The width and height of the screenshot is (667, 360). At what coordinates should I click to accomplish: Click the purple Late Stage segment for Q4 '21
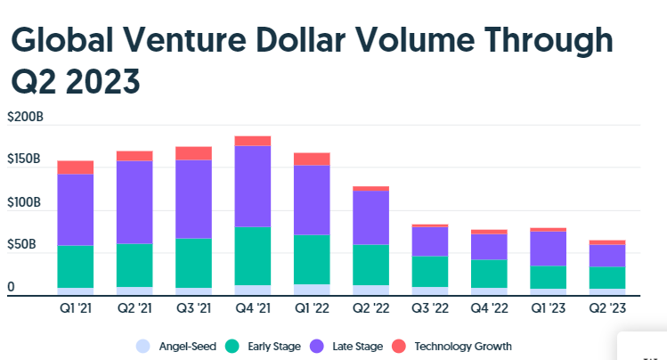253,186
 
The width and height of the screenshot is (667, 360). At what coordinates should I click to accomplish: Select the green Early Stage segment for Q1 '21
76,266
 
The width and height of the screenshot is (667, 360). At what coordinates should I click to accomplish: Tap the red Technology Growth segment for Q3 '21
193,153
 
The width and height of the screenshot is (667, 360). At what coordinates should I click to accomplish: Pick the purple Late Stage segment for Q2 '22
371,217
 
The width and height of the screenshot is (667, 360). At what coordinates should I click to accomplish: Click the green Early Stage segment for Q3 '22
430,272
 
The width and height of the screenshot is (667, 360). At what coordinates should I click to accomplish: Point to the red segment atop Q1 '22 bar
312,160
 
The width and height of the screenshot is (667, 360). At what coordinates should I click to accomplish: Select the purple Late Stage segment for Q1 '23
549,249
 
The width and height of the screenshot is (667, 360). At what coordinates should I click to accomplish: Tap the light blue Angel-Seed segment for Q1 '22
312,290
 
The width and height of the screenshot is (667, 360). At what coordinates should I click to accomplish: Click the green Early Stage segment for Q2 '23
607,278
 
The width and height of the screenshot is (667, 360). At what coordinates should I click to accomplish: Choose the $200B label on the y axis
25,117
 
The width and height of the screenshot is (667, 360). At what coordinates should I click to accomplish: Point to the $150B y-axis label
24,159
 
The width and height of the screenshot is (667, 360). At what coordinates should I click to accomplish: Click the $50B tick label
21,244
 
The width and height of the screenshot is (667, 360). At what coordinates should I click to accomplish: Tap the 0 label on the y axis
11,287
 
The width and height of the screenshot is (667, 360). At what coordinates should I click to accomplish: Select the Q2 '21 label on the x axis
134,307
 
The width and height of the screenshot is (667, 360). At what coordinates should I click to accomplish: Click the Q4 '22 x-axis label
489,307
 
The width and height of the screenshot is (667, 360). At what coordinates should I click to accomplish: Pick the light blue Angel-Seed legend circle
142,347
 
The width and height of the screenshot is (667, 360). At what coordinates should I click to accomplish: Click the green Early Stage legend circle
232,347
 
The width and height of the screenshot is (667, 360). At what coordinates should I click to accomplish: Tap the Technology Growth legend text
463,347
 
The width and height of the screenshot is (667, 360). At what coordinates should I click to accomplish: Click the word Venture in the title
185,39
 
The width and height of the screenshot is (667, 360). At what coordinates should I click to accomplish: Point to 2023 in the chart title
102,81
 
